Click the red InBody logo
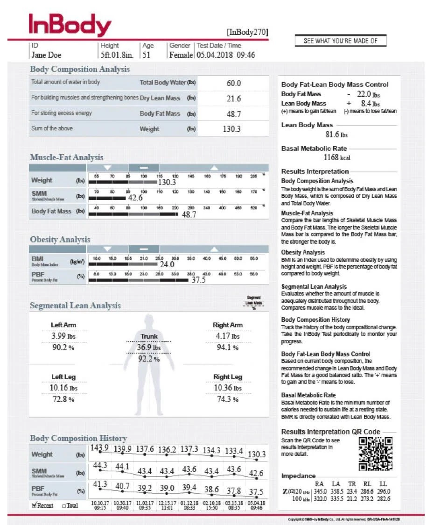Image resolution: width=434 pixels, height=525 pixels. coord(70,24)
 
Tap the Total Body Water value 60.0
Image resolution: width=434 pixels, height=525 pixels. coord(233,83)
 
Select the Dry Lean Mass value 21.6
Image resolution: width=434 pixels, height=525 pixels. coord(233,99)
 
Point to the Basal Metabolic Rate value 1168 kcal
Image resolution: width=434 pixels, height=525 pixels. coord(337,158)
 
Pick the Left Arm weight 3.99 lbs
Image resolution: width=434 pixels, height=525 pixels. coord(63,336)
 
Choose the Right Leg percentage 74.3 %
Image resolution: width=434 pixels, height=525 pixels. coord(227,400)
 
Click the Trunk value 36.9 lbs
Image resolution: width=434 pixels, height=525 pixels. coord(148,348)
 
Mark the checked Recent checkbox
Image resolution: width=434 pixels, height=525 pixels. coord(35,505)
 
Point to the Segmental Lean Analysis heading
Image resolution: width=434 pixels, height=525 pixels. coord(75,305)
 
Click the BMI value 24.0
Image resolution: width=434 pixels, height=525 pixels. coord(167,264)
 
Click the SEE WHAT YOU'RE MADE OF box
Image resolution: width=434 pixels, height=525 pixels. coord(341,41)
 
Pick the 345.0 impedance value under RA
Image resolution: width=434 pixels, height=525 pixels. coord(319,491)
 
